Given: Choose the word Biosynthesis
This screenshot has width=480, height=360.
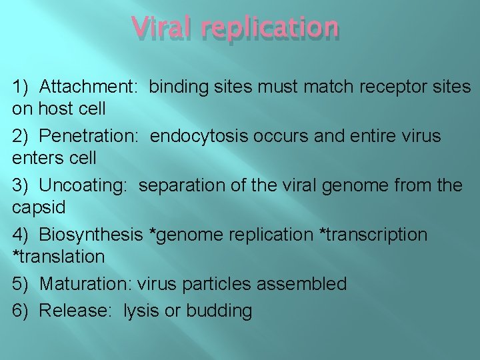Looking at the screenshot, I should click(x=91, y=235).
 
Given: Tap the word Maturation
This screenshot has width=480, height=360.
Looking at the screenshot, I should click(x=86, y=284).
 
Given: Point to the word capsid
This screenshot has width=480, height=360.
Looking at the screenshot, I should click(x=39, y=207).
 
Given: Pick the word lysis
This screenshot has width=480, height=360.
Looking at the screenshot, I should click(x=142, y=311).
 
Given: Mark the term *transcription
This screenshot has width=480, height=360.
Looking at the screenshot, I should click(x=373, y=235).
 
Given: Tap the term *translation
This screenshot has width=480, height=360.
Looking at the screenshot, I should click(x=59, y=257).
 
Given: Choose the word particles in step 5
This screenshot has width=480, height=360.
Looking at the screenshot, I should click(x=218, y=284).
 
